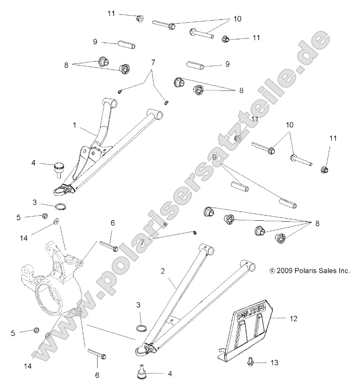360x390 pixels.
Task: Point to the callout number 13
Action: coord(275,363)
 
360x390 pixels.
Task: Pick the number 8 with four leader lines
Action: coord(318,224)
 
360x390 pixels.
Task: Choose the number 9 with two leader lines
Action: coord(214,157)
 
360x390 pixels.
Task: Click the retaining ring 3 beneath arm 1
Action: coord(61,207)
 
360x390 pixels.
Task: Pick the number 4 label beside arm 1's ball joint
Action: coord(33,162)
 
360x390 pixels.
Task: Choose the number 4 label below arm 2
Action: coord(170,374)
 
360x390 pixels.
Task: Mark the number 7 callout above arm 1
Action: coord(153,62)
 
